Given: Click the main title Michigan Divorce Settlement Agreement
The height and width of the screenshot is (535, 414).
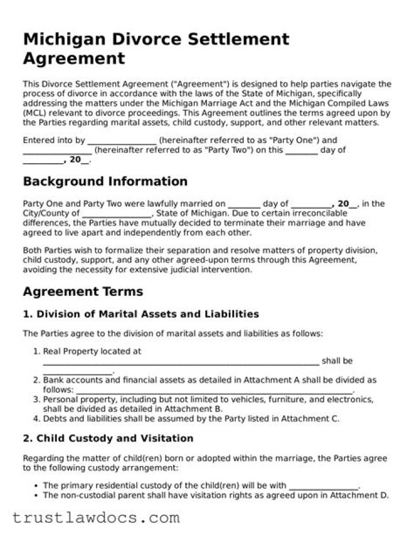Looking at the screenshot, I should [156, 49].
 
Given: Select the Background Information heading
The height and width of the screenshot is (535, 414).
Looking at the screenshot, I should [105, 182].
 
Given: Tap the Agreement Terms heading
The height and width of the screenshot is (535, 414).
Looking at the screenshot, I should [83, 291].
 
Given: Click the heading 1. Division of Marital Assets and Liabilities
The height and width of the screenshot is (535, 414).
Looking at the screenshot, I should [141, 314].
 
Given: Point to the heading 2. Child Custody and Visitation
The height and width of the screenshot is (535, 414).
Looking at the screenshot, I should [108, 438].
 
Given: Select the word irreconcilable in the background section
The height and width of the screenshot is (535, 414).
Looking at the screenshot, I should [319, 213].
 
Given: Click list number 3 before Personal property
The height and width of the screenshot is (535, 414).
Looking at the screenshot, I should [37, 399].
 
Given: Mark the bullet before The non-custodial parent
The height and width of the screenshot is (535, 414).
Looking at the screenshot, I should [37, 495].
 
